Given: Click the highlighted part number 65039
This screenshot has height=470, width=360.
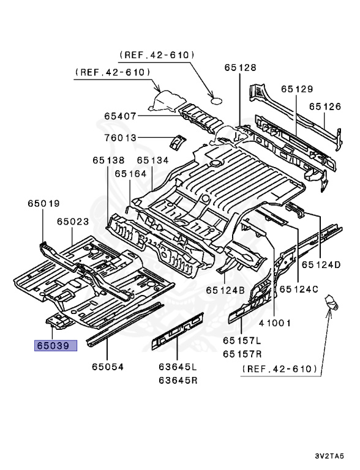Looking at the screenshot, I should point(55,346).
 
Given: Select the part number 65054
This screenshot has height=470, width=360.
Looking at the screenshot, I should point(108,367).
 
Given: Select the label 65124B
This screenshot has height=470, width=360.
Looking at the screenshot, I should point(225,289).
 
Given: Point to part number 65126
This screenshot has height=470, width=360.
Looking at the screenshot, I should point(324,106).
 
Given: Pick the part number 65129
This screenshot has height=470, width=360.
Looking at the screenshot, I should point(297,89).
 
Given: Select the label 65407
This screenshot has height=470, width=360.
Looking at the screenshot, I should point(119,116).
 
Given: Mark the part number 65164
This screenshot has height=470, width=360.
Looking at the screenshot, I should point(129,174).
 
